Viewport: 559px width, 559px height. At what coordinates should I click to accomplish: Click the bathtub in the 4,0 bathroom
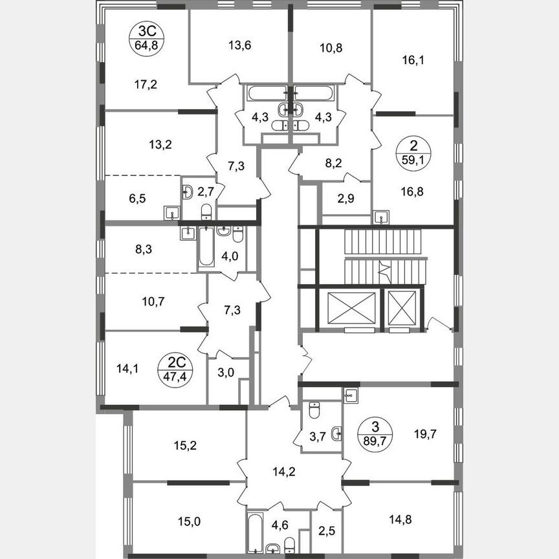tap(206, 247)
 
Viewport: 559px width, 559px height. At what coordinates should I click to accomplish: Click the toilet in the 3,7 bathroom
tap(314, 411)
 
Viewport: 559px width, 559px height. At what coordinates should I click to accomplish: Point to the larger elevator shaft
tap(352, 309)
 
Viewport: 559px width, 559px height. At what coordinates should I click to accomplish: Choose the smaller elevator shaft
tap(403, 308)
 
